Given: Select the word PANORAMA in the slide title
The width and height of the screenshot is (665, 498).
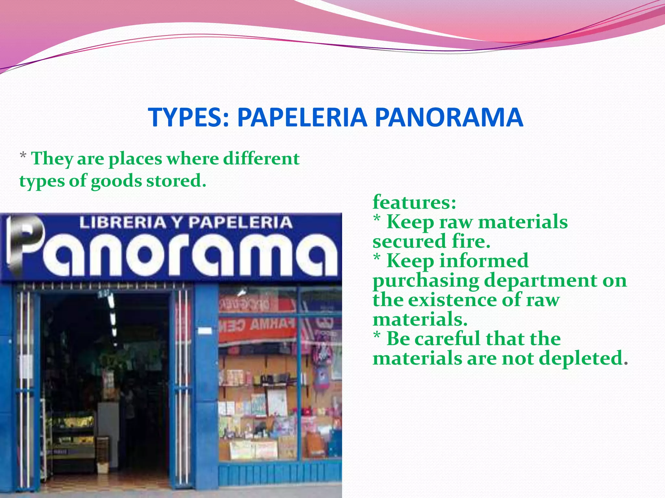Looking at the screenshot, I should point(449,117).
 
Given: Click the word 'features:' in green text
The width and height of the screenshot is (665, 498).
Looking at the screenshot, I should point(414,202).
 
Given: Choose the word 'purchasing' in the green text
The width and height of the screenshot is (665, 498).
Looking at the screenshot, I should point(425,281).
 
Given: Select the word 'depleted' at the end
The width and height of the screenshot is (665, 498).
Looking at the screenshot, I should point(581,359).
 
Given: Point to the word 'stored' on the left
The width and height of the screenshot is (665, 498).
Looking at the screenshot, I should point(175,181).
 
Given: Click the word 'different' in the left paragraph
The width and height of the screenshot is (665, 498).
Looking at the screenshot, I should point(261,159).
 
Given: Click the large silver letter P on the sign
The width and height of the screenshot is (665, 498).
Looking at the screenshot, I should point(26,243).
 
